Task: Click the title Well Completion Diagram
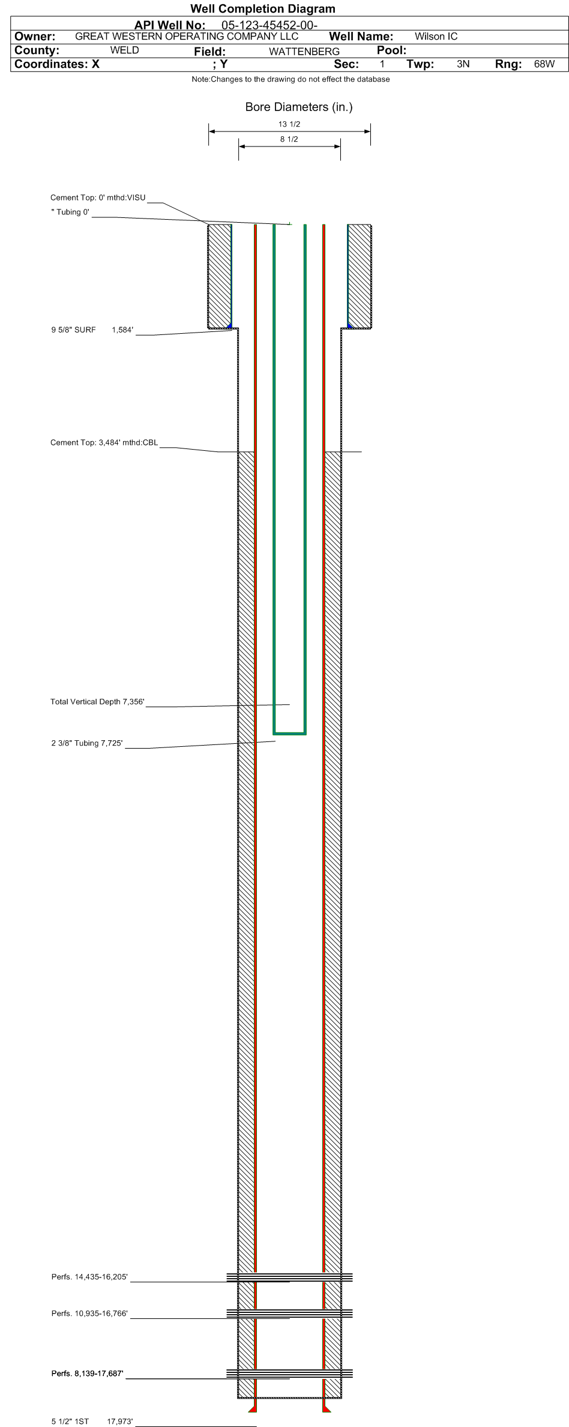coord(263,8)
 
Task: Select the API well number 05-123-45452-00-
coord(269,25)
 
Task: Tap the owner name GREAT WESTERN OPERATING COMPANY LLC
coord(187,36)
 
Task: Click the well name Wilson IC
coord(436,37)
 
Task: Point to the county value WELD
coord(125,50)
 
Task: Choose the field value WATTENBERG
coord(304,52)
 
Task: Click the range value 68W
coord(544,64)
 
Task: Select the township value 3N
coord(463,64)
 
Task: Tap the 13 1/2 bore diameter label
coord(289,124)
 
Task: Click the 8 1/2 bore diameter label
coord(289,139)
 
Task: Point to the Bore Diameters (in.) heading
coord(299,107)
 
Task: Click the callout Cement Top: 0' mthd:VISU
coord(98,198)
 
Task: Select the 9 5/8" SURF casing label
coord(74,330)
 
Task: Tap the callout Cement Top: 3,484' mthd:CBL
coord(104,442)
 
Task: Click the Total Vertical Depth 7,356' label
coord(97,702)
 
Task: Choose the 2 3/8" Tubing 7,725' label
coord(87,743)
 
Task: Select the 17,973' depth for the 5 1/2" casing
coord(120,1421)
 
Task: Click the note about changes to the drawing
coord(291,79)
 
